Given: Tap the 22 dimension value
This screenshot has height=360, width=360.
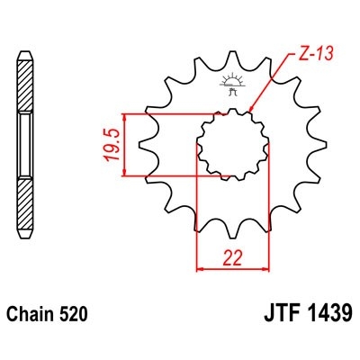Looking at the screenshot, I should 233,258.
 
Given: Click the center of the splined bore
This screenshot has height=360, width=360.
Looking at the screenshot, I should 233,144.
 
